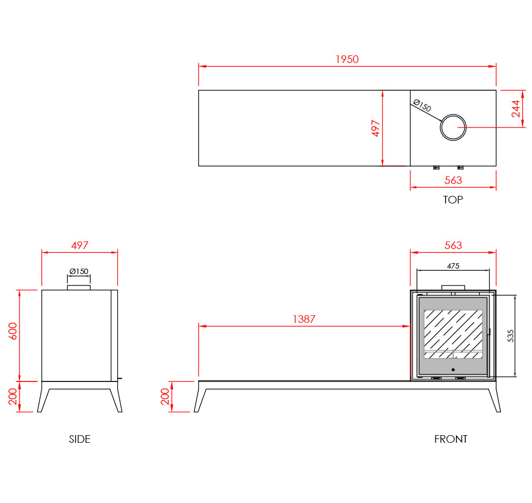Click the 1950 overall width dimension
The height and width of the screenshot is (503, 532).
tap(347, 59)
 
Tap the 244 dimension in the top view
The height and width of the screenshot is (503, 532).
tap(516, 109)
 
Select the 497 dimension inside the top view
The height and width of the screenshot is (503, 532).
tap(375, 128)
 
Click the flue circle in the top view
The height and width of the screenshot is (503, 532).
tap(453, 115)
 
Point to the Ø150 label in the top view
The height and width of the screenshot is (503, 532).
tap(422, 105)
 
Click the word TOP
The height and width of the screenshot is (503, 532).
tap(453, 200)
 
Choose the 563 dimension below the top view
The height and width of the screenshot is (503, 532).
tap(453, 180)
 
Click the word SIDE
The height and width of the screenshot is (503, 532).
tap(80, 439)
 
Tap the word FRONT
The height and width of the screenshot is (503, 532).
tap(451, 439)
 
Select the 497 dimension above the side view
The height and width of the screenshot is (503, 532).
tap(80, 245)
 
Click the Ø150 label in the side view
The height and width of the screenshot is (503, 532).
tap(79, 271)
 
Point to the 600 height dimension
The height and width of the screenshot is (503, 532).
tap(12, 331)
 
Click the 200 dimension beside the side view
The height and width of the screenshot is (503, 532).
tap(12, 397)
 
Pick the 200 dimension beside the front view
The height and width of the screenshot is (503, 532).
tap(165, 397)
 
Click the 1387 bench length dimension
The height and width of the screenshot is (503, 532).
tap(304, 319)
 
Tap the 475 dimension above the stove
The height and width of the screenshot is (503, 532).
tap(453, 266)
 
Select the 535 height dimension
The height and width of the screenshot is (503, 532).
tap(511, 336)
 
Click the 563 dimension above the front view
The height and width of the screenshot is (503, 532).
tap(453, 245)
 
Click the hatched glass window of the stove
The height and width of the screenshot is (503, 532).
tap(453, 334)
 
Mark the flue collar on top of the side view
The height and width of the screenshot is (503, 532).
tap(79, 288)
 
